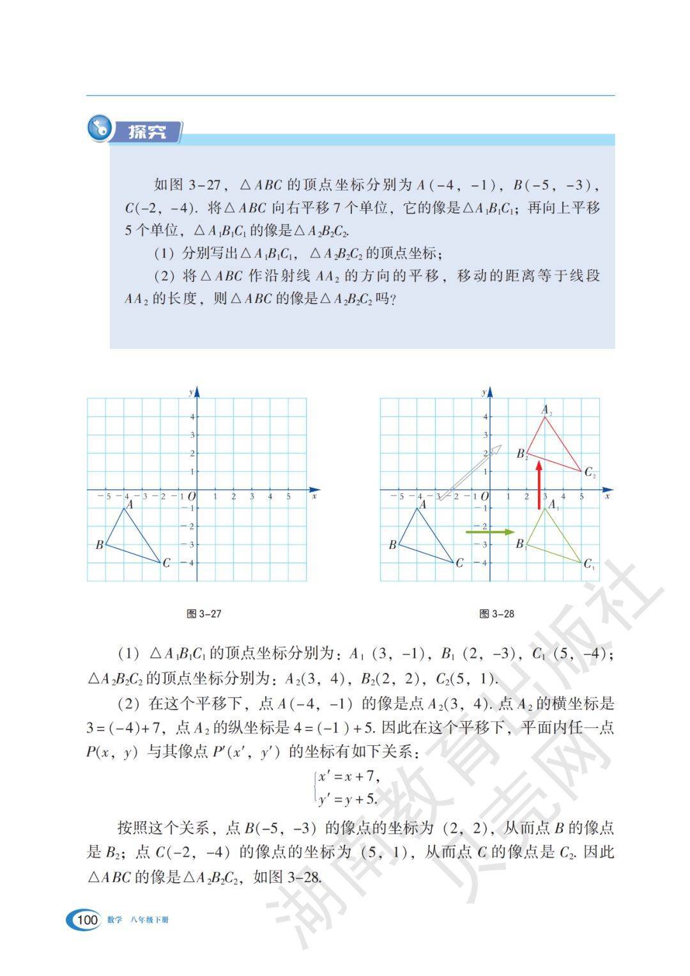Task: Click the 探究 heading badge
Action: point(147,132)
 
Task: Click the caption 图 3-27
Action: point(204,614)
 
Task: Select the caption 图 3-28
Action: point(496,614)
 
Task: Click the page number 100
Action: point(86,920)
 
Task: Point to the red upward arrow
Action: point(539,486)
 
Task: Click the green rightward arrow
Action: point(490,532)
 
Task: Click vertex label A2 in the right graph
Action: point(547,410)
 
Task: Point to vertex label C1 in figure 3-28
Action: point(589,564)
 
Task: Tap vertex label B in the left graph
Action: point(99,545)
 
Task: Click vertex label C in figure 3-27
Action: point(166,563)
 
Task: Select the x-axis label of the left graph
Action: point(314,496)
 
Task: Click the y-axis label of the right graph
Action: point(484,391)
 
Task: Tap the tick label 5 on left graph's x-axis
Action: point(288,497)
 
